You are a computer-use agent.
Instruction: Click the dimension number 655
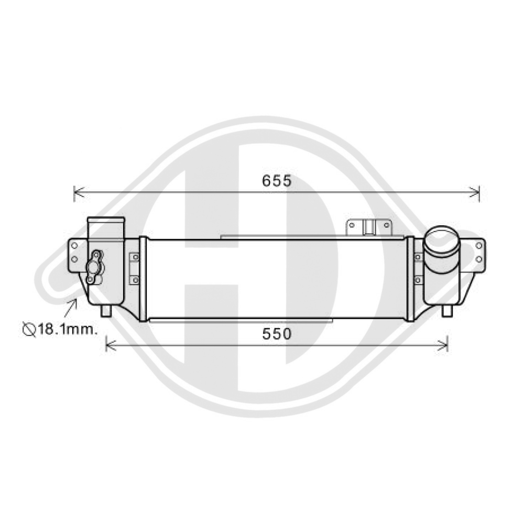point(276,181)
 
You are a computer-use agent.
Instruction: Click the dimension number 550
point(276,334)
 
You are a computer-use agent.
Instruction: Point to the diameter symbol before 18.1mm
point(28,330)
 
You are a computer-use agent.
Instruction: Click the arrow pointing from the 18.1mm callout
point(70,308)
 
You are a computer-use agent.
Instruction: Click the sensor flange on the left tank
point(95,266)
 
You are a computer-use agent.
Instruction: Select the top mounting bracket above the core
point(369,228)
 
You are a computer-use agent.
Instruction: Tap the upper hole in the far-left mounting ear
point(75,245)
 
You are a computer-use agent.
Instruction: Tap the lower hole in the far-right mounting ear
point(478,259)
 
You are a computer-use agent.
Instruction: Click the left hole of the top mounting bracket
point(353,225)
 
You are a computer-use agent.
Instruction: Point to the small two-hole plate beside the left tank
point(135,268)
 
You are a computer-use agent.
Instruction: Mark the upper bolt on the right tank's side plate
point(418,257)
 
